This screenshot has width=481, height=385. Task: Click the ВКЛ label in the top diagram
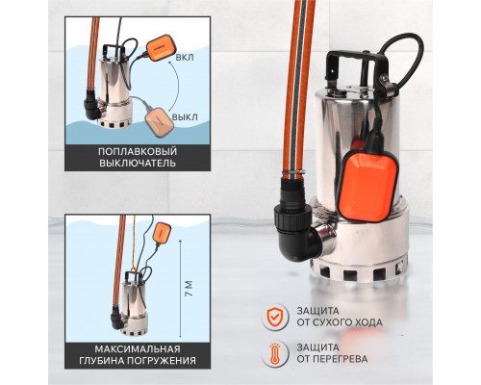[185, 58]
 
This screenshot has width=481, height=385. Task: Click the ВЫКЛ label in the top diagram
[185, 116]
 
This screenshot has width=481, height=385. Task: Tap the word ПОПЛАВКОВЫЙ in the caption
[138, 151]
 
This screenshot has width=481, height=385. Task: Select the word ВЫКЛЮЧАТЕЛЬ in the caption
[138, 163]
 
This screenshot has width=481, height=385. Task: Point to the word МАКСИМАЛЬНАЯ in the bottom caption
[138, 348]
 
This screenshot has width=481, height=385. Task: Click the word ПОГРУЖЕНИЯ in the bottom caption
[161, 360]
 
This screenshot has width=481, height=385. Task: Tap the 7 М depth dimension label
[190, 289]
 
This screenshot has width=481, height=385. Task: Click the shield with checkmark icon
[275, 317]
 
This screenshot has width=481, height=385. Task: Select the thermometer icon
[275, 353]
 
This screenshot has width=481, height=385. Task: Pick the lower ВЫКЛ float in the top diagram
[160, 122]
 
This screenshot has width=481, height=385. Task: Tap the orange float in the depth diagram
[162, 233]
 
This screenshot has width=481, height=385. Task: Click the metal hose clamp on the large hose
[293, 173]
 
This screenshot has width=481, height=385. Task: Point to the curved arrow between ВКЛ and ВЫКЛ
[178, 86]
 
